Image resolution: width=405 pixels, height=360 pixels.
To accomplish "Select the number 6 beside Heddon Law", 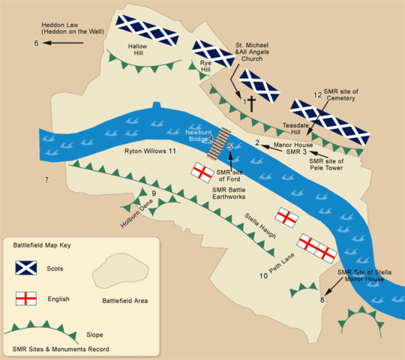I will click(x=35, y=43).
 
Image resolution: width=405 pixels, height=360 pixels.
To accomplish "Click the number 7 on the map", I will click(x=46, y=181).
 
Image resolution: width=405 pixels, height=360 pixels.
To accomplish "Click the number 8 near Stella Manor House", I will click(x=323, y=300).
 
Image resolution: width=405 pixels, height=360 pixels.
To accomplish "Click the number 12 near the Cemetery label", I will click(x=317, y=94).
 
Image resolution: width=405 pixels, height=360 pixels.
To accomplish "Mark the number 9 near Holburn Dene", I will click(x=154, y=195).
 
